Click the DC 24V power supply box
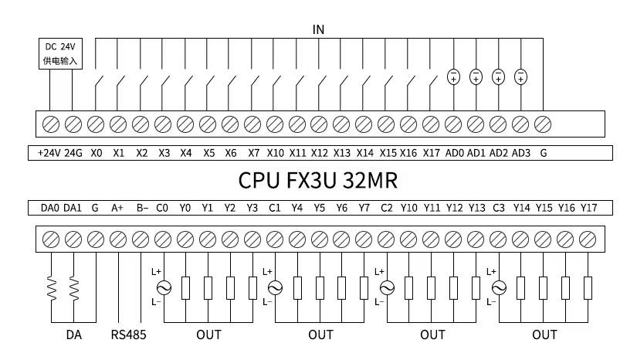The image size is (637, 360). pos(60,53)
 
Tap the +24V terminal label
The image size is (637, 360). pos(49,153)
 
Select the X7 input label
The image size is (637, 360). pos(253,153)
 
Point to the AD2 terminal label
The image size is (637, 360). pos(499,153)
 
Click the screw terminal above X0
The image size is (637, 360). pos(96,124)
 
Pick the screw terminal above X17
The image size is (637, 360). pos(431,124)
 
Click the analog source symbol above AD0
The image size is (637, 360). pos(453,76)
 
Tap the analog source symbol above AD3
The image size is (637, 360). pos(521,76)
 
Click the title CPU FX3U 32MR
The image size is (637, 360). pos(317,181)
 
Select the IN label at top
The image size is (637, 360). pos(318,29)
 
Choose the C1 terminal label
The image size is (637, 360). pos(275,208)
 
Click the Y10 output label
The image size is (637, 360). pos(408,208)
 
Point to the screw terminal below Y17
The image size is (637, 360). pos(588,239)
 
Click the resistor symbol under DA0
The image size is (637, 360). pos(52,288)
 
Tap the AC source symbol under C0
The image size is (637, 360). pos(164,288)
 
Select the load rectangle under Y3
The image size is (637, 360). pos(252,288)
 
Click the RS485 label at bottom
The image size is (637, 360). pos(128,335)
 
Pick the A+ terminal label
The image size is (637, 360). pos(117,208)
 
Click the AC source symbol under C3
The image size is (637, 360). pos(499,288)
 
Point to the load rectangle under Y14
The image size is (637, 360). pos(521,288)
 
